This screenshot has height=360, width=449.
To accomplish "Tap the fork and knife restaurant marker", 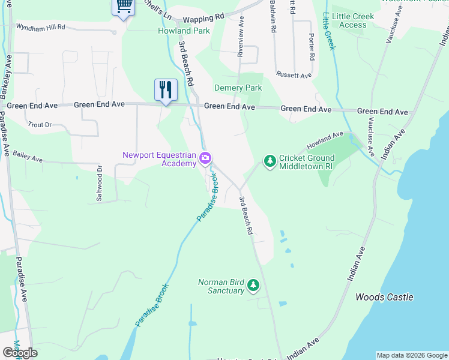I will [x=165, y=90].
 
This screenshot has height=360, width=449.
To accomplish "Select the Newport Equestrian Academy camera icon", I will [x=206, y=158].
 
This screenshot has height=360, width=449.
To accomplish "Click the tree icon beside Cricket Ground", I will [x=270, y=161].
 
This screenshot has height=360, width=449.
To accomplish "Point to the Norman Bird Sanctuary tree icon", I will [x=253, y=285].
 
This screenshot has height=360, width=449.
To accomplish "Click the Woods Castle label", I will [x=384, y=297].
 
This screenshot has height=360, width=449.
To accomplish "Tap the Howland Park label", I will [x=184, y=31].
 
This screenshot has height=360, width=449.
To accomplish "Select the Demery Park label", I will [x=238, y=88].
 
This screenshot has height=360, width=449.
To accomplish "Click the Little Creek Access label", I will [x=353, y=20].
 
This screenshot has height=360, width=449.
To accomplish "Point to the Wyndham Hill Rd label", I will [x=40, y=28].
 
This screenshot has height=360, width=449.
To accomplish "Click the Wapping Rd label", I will [x=203, y=19].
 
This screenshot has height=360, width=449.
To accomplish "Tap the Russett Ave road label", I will [x=294, y=75].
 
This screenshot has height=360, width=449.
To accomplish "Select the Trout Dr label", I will [x=40, y=125].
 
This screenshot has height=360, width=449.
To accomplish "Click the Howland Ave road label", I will [x=325, y=141].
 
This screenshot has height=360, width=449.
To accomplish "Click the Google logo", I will [x=20, y=353].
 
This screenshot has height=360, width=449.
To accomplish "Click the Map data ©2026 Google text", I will [x=411, y=355].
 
